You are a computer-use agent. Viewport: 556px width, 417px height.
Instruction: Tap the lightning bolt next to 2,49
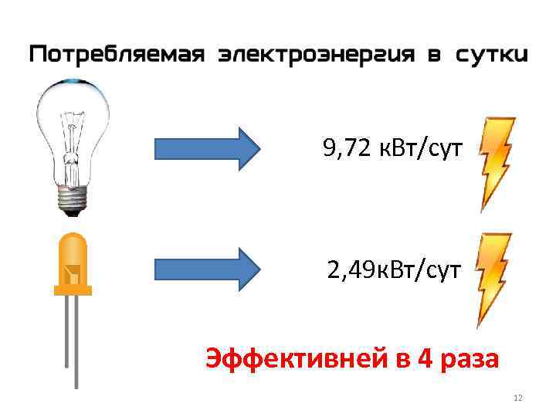click(493, 280)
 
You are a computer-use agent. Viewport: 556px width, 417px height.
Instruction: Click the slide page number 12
click(517, 398)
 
